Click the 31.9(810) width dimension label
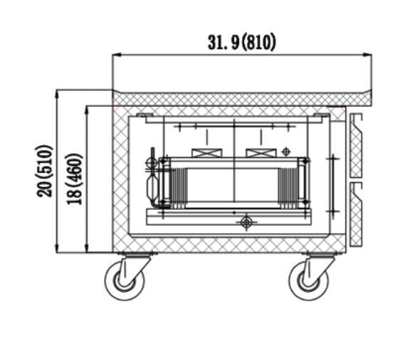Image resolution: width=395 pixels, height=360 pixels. pos(241,43)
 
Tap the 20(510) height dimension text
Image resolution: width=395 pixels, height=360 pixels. pos(44,171)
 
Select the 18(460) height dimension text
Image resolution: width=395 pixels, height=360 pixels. pos(74,179)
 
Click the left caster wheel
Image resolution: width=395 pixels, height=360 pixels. pos(125,280)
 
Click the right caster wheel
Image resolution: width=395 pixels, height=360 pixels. pos(309,280)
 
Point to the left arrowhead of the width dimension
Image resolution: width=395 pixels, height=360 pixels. pos(117,55)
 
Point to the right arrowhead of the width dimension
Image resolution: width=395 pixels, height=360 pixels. pos(367,55)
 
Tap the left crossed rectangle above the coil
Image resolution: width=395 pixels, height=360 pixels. pos(207,153)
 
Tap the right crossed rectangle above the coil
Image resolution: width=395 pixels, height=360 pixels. pos(261,153)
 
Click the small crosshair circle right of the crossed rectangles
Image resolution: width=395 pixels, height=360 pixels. pos(286,152)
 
